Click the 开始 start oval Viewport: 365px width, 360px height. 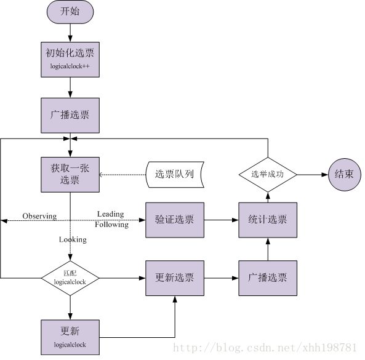[70, 12]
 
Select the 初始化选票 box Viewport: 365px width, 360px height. [70, 60]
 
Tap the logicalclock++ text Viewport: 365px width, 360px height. [70, 66]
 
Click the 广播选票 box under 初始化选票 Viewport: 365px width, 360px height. [70, 116]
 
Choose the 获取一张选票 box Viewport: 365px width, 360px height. [70, 175]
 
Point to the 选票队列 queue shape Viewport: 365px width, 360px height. [175, 175]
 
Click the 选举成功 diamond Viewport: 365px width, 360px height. [268, 175]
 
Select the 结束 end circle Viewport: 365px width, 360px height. [345, 175]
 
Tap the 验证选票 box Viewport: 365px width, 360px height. [175, 220]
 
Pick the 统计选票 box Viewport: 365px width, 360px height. [268, 220]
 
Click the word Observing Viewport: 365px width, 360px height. [39, 216]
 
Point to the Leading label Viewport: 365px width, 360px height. [110, 214]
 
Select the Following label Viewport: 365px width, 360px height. [111, 225]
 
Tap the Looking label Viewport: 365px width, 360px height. [73, 239]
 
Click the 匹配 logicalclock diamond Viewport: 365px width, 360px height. [70, 278]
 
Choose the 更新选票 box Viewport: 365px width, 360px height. [175, 278]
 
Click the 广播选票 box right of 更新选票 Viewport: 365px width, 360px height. [268, 278]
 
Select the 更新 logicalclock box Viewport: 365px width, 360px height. [70, 337]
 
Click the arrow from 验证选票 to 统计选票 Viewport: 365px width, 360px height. [222, 220]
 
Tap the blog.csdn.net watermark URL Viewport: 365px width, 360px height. [265, 348]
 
